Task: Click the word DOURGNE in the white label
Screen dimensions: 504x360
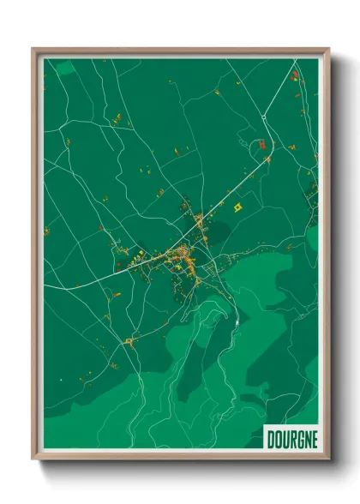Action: click(x=291, y=438)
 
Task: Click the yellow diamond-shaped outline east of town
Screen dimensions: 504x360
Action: click(x=238, y=206)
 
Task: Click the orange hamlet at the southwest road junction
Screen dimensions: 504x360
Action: click(x=129, y=342)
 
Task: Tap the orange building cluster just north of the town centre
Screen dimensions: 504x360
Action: click(x=199, y=220)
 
